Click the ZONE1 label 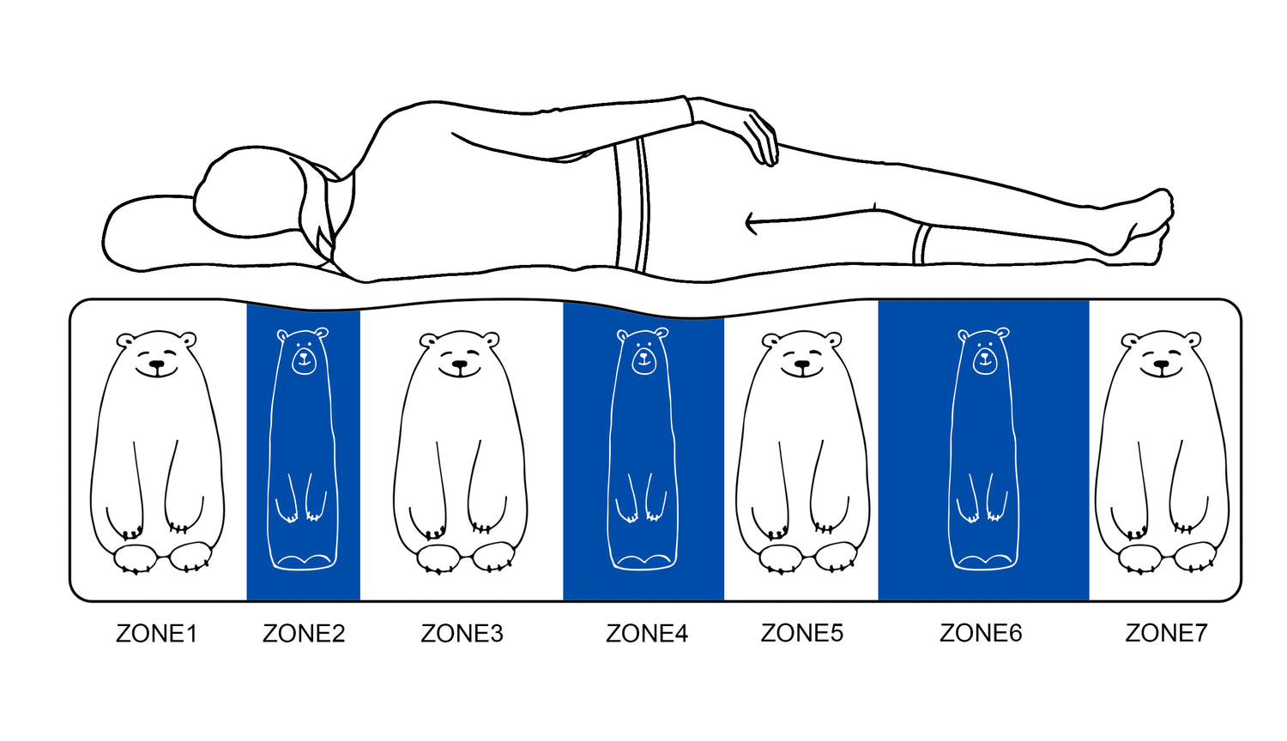(156, 634)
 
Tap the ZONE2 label (304, 634)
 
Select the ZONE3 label (462, 634)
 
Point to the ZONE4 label (647, 634)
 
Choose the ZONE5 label (802, 633)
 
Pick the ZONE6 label (981, 633)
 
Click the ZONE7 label (1166, 633)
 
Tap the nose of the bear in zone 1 (157, 364)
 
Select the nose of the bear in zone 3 (460, 364)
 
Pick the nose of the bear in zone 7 (1162, 364)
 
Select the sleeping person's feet (1145, 227)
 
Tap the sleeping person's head (249, 193)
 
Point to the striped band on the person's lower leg (921, 244)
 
